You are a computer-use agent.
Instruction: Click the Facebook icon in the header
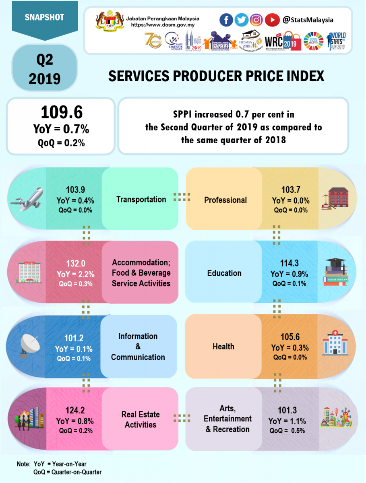point(226,20)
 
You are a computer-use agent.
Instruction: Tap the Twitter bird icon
point(242,20)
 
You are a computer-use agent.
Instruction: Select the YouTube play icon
point(272,20)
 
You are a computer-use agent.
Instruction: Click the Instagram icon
point(256,20)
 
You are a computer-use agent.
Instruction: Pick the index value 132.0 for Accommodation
point(75,264)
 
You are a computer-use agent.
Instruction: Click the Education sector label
point(224,273)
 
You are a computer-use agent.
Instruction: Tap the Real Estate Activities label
point(141,419)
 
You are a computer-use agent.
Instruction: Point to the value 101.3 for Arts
point(287,411)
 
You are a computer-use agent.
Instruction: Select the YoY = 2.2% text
point(75,274)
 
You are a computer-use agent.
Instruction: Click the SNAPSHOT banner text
point(44,17)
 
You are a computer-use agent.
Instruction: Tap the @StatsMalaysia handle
point(308,20)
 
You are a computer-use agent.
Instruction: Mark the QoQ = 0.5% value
point(287,431)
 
